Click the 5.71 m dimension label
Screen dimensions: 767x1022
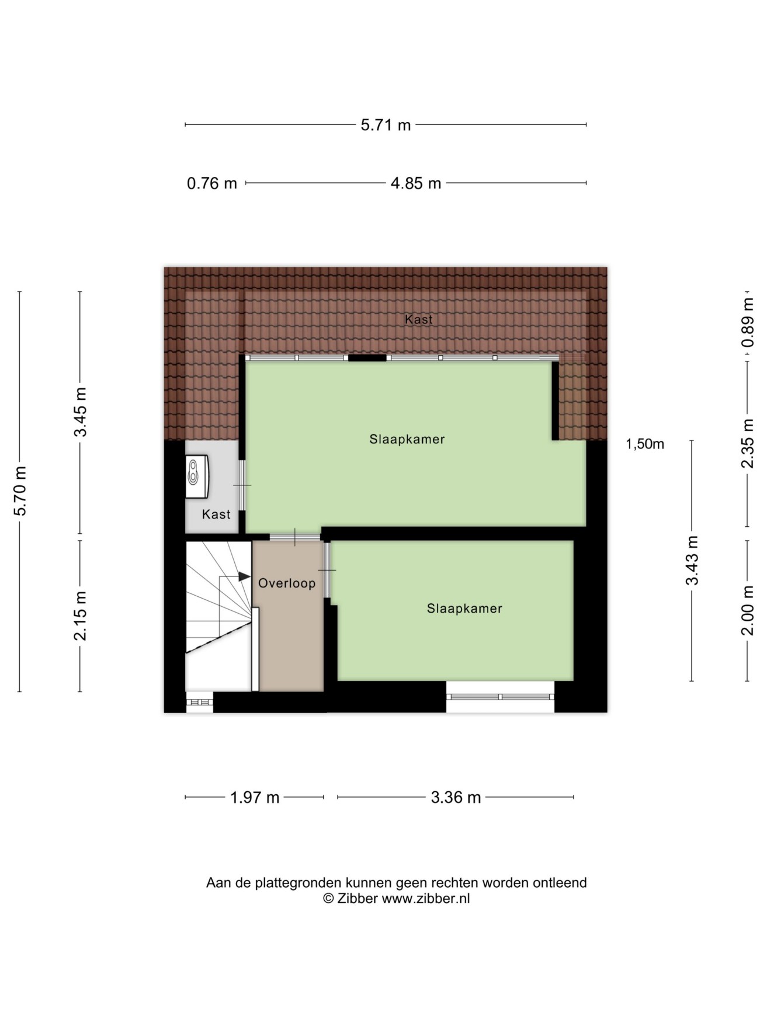(x=386, y=125)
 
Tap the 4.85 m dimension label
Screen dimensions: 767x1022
(x=415, y=183)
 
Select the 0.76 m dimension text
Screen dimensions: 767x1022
(x=212, y=183)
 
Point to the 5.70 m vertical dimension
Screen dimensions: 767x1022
(x=20, y=491)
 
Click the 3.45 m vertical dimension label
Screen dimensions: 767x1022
(x=81, y=412)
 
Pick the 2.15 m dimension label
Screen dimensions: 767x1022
(x=81, y=616)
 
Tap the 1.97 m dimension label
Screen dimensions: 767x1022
(x=255, y=797)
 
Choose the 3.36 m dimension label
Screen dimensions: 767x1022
(x=456, y=797)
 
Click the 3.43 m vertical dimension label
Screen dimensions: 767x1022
(x=692, y=560)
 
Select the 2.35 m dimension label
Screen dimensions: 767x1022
(x=748, y=443)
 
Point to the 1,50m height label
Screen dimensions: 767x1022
(x=645, y=444)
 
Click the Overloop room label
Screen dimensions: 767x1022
(x=287, y=583)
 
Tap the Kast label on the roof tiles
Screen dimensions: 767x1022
(x=419, y=319)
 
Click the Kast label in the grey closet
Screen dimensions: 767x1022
(x=216, y=515)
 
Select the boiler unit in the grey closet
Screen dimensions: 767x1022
(x=197, y=477)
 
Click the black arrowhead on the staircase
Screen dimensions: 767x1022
(x=245, y=576)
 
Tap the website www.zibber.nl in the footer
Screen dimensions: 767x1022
(x=426, y=899)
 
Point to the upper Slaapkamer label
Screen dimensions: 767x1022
(x=407, y=439)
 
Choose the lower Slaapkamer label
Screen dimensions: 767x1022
(x=464, y=609)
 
